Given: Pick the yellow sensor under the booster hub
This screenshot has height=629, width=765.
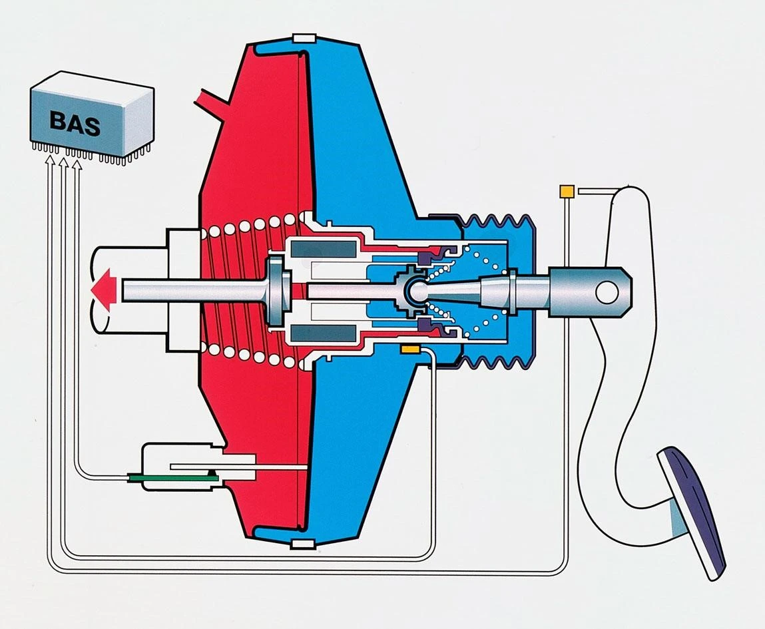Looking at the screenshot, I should point(408,349).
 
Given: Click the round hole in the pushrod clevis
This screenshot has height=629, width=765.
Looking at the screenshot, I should point(607,291).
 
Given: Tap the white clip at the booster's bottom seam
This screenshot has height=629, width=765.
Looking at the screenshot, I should point(302,546).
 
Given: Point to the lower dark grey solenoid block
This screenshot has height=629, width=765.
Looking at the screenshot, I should point(323,333).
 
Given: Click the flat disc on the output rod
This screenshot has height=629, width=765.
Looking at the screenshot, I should point(275,290).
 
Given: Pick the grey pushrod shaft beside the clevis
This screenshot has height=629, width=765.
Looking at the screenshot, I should point(526,290).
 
